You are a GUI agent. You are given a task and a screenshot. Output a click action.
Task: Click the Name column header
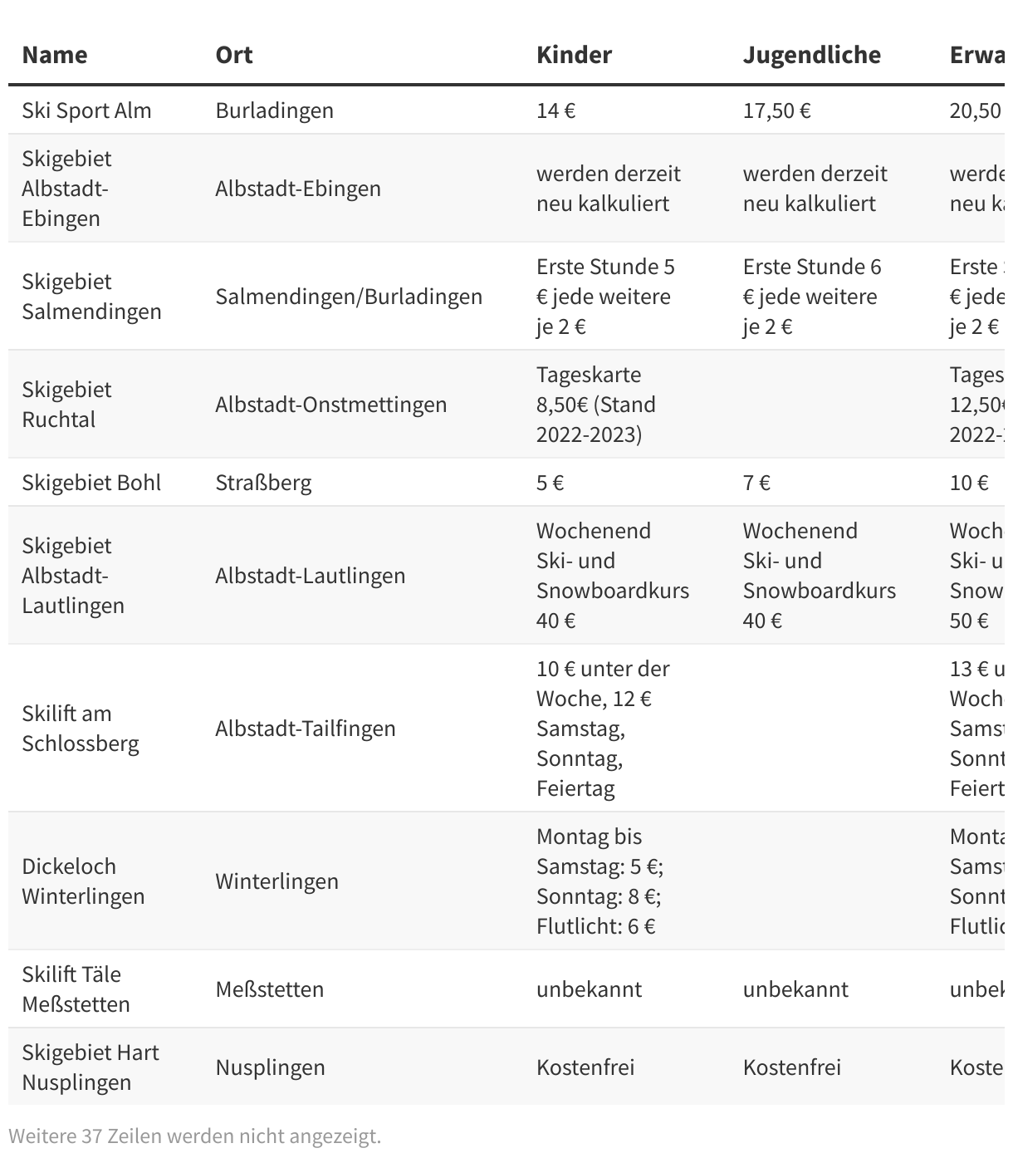(55, 55)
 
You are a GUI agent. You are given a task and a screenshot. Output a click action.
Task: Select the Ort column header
(234, 55)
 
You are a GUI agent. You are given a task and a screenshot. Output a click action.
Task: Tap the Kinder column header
(574, 55)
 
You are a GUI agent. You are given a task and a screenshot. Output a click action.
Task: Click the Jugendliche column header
(811, 55)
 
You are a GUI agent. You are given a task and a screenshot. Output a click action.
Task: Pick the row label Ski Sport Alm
(86, 110)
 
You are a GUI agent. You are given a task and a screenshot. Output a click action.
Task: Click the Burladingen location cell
(274, 110)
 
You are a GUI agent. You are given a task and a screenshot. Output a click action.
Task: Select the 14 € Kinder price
(555, 110)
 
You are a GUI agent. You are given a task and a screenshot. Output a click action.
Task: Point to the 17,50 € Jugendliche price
(776, 110)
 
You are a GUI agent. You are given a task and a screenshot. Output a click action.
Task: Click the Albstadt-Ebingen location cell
(298, 189)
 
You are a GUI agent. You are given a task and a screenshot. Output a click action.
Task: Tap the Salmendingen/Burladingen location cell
(349, 297)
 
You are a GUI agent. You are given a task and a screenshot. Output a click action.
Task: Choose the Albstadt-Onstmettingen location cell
(330, 405)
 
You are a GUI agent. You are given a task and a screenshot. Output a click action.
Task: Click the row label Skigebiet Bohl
(91, 483)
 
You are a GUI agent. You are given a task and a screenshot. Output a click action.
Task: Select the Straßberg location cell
(263, 483)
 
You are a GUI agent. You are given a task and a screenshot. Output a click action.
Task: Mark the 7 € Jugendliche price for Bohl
(756, 483)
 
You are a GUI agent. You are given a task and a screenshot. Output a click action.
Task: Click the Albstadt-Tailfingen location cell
(305, 729)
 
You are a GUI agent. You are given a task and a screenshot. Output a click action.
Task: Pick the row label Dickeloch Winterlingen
(83, 881)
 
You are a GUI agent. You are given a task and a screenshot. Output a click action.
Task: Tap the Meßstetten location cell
(269, 989)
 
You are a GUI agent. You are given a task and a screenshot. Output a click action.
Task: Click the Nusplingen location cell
(270, 1067)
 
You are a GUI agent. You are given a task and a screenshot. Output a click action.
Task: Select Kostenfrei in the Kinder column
(585, 1067)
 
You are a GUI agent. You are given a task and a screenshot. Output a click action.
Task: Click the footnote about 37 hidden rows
(194, 1136)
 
